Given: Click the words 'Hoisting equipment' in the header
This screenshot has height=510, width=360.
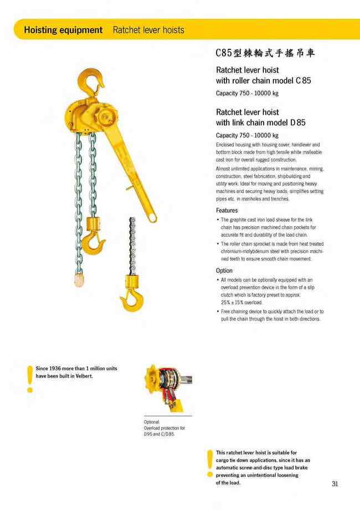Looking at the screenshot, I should (x=63, y=29).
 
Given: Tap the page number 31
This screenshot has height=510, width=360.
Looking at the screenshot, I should (x=335, y=484).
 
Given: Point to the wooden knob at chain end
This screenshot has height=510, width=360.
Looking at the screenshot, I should (x=79, y=273).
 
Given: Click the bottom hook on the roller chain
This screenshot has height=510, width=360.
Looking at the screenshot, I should (x=131, y=299).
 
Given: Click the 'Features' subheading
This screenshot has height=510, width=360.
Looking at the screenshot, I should (x=227, y=211).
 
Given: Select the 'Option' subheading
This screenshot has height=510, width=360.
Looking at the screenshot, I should (x=224, y=271).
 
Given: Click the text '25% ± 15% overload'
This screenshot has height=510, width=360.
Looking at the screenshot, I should (x=241, y=303).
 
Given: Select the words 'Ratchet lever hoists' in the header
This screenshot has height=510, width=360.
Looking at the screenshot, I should (x=148, y=29).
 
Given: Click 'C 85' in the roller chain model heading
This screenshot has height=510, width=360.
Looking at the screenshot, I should (x=303, y=80).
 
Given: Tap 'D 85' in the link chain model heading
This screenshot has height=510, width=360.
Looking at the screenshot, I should (x=297, y=122).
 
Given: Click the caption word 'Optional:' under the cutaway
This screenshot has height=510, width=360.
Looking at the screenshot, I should (x=152, y=422).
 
